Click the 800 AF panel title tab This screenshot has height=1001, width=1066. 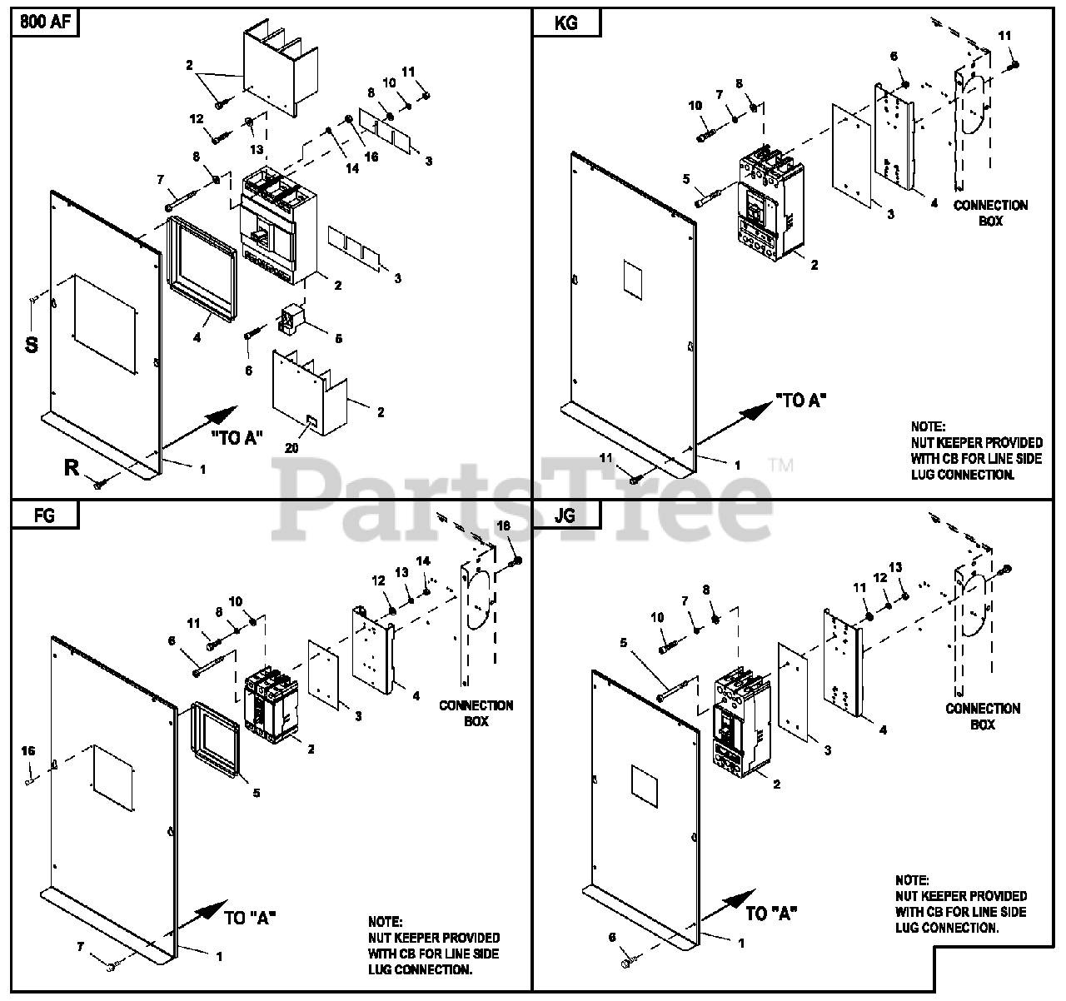[x=43, y=23]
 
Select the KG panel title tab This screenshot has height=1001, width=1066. [x=566, y=23]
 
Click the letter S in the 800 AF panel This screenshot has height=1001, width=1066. [x=31, y=345]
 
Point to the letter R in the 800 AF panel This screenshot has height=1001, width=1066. [x=72, y=468]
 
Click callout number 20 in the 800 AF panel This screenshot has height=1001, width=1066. [x=291, y=448]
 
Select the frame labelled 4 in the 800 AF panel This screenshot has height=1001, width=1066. [x=200, y=266]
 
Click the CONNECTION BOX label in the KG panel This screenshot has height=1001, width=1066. [x=990, y=213]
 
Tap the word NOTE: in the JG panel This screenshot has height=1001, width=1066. [x=913, y=879]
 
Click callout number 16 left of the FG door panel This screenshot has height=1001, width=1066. [x=28, y=751]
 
